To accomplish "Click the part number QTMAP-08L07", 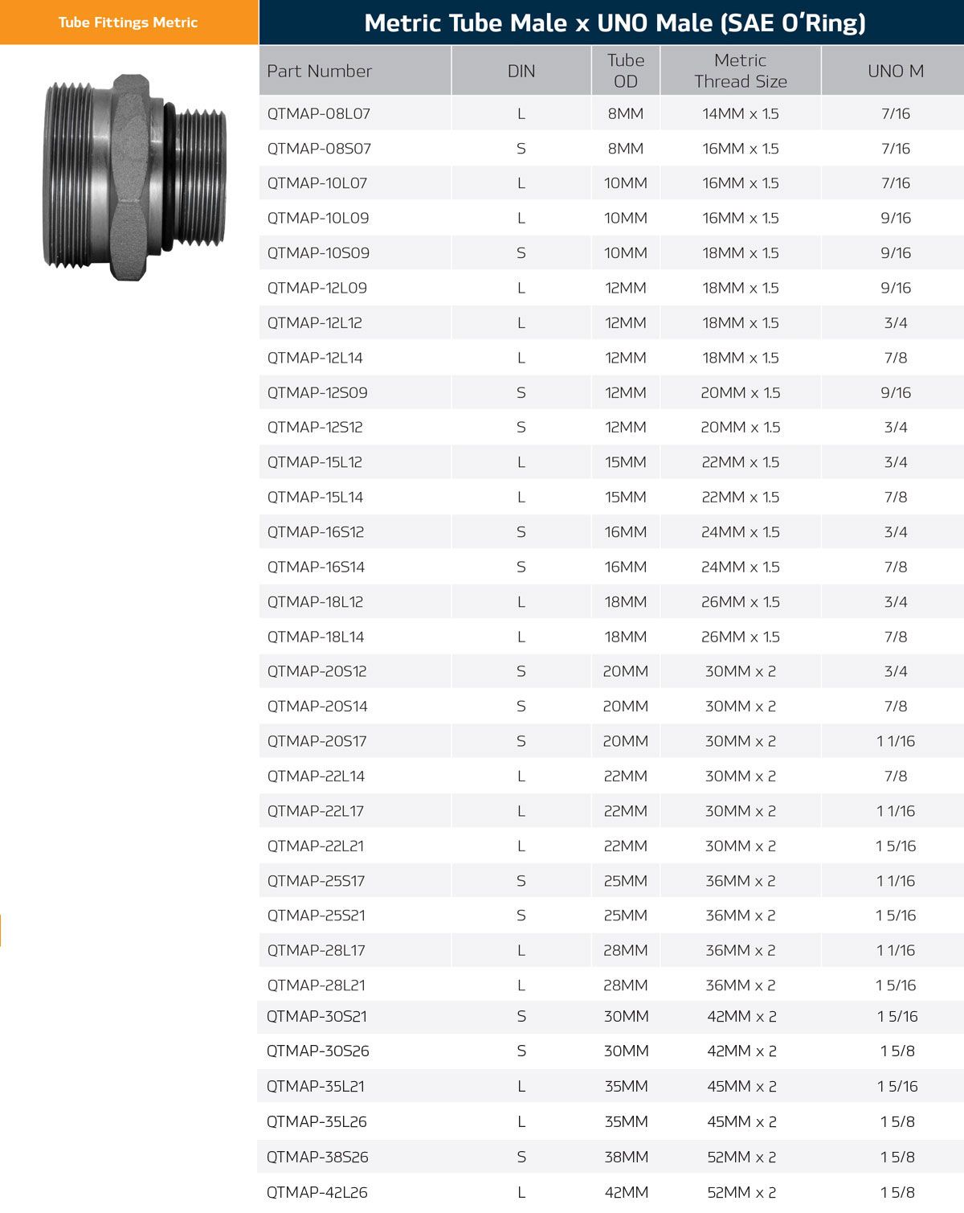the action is (x=318, y=114).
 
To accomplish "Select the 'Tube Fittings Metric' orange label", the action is (x=128, y=23).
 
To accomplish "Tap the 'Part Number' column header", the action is (x=320, y=71).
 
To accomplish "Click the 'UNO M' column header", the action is (x=895, y=71).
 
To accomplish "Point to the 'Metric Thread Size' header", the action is (x=741, y=71).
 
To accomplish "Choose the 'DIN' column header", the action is (x=521, y=71).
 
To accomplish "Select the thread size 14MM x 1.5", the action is (x=741, y=114).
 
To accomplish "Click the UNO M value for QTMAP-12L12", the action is (x=895, y=323).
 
